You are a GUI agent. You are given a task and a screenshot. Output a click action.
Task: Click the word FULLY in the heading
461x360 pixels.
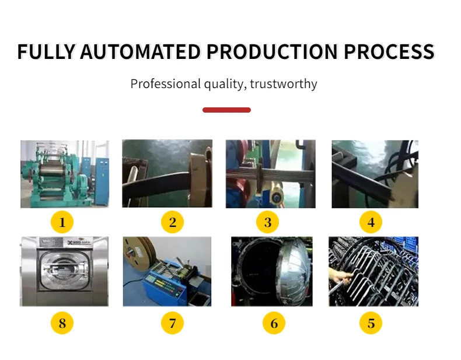47,52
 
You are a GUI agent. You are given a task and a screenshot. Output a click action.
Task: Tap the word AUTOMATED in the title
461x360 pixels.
140,52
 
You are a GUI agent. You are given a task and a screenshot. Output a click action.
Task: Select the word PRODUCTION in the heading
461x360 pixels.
272,52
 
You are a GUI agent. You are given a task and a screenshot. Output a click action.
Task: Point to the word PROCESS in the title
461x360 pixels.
389,52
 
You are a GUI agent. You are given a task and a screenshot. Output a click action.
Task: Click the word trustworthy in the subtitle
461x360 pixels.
284,84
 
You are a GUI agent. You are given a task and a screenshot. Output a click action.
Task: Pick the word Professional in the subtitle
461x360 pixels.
166,84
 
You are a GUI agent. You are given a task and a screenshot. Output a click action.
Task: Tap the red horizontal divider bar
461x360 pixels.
226,110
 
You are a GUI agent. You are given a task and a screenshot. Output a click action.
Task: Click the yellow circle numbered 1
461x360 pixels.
62,222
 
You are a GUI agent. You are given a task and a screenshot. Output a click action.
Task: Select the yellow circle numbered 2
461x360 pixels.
172,222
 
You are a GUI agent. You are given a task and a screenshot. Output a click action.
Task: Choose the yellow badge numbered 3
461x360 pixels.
267,222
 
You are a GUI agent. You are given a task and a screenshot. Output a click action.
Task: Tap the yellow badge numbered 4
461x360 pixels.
371,222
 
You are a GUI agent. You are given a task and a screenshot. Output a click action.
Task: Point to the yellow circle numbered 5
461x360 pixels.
371,323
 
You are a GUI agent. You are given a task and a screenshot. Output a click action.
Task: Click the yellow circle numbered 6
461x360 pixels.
274,323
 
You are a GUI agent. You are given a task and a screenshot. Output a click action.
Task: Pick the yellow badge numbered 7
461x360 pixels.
172,323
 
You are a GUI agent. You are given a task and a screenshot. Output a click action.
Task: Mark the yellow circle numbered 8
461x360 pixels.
62,323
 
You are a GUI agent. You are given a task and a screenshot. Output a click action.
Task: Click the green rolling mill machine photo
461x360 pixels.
65,174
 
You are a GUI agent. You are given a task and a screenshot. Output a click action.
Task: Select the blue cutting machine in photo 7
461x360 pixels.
165,281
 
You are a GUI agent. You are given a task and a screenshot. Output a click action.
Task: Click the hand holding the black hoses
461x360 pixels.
340,278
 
